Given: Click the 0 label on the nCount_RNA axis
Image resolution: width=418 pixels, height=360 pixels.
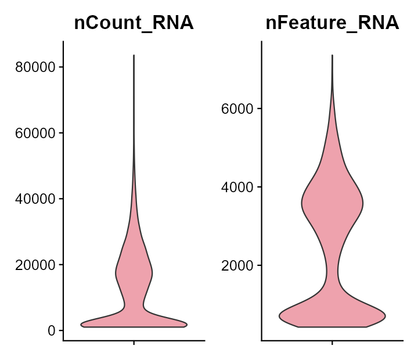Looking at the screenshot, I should coord(52,330).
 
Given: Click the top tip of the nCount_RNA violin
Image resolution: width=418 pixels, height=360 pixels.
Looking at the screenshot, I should coord(134,56).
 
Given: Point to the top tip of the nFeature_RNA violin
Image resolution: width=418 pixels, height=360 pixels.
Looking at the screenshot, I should coord(332,55).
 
